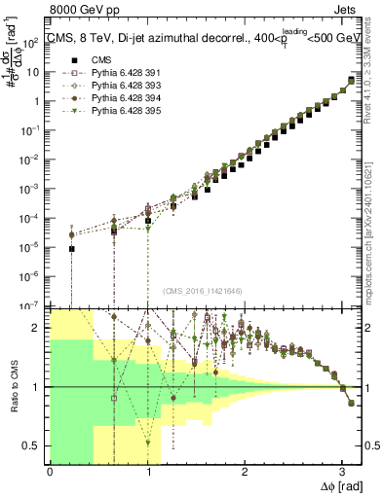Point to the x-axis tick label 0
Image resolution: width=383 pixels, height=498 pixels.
pyautogui.click(x=50, y=470)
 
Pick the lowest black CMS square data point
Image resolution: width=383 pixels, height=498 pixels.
pyautogui.click(x=72, y=248)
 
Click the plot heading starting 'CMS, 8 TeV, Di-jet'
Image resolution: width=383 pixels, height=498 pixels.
pyautogui.click(x=185, y=39)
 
